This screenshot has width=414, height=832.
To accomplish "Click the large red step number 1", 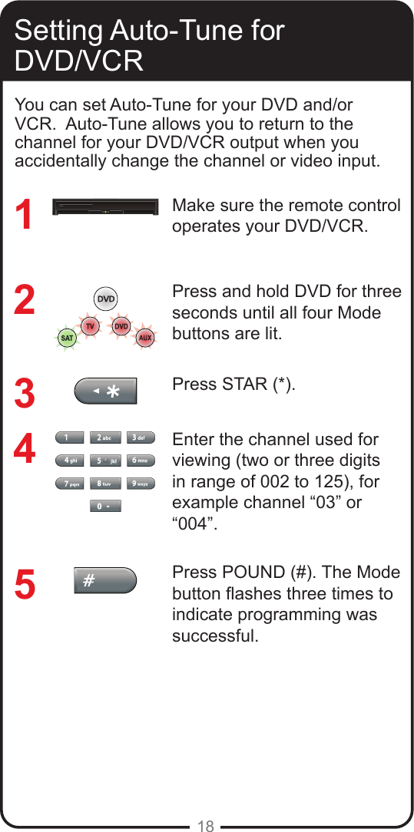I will pyautogui.click(x=25, y=216).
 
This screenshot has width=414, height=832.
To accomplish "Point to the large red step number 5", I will pyautogui.click(x=25, y=584).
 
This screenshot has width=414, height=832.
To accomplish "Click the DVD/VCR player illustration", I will pyautogui.click(x=107, y=209).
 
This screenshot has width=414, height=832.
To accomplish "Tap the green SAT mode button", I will pyautogui.click(x=68, y=338).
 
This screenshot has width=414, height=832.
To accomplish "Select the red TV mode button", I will pyautogui.click(x=91, y=327).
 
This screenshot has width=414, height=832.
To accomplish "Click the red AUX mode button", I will pyautogui.click(x=145, y=338).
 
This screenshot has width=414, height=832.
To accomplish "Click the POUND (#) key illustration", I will pyautogui.click(x=105, y=581).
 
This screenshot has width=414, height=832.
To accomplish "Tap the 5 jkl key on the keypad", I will pyautogui.click(x=105, y=461).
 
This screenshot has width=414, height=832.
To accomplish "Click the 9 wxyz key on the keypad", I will pyautogui.click(x=141, y=484).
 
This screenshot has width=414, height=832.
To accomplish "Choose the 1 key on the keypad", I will pyautogui.click(x=70, y=438).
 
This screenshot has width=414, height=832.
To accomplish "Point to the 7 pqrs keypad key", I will pyautogui.click(x=70, y=484).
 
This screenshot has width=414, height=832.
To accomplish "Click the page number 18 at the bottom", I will pyautogui.click(x=206, y=826).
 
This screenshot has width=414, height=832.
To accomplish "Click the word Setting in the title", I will pyautogui.click(x=58, y=31).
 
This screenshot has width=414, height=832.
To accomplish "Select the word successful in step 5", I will pyautogui.click(x=216, y=636).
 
